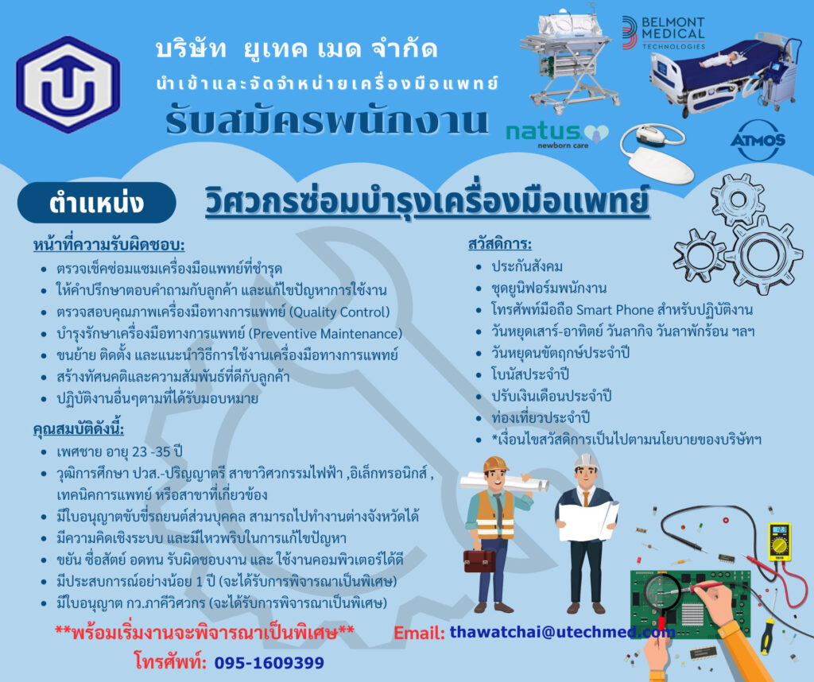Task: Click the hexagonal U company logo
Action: (68, 84)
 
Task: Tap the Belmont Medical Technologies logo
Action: (664, 33)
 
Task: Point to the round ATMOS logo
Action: (758, 140)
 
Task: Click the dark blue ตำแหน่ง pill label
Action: (96, 203)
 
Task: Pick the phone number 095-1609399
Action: (269, 663)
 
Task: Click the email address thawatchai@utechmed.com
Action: (562, 632)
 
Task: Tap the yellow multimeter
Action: (779, 541)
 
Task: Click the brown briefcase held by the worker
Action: (479, 560)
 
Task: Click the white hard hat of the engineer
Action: (586, 461)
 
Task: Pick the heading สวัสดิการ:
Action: (500, 244)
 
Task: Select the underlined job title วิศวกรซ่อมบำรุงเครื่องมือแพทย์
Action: (427, 201)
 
